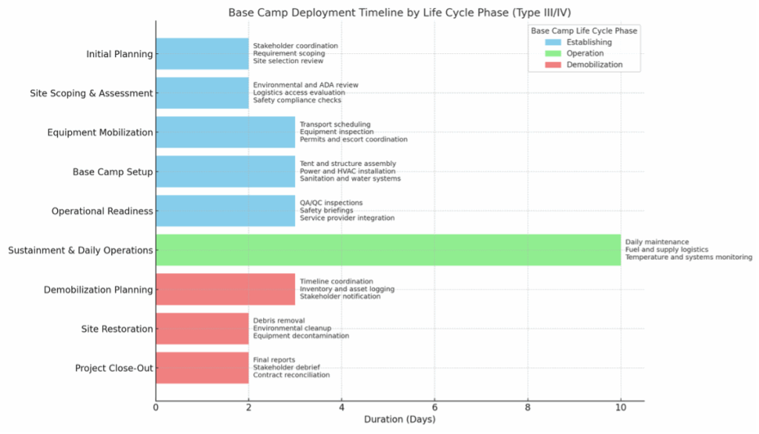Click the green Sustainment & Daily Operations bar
(x=388, y=250)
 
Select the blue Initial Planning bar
(x=202, y=54)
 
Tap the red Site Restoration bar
(x=202, y=329)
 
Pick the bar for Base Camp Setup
(x=225, y=172)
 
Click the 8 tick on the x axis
(x=528, y=407)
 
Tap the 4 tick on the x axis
(x=342, y=407)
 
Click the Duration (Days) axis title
(x=400, y=420)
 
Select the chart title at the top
(x=400, y=13)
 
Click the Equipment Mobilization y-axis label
(x=100, y=133)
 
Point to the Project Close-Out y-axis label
(x=113, y=368)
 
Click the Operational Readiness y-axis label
(x=102, y=211)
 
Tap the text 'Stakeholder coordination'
(x=295, y=46)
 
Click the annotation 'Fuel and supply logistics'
(x=666, y=250)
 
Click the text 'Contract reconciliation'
(x=291, y=375)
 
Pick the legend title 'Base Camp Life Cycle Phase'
(x=584, y=31)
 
